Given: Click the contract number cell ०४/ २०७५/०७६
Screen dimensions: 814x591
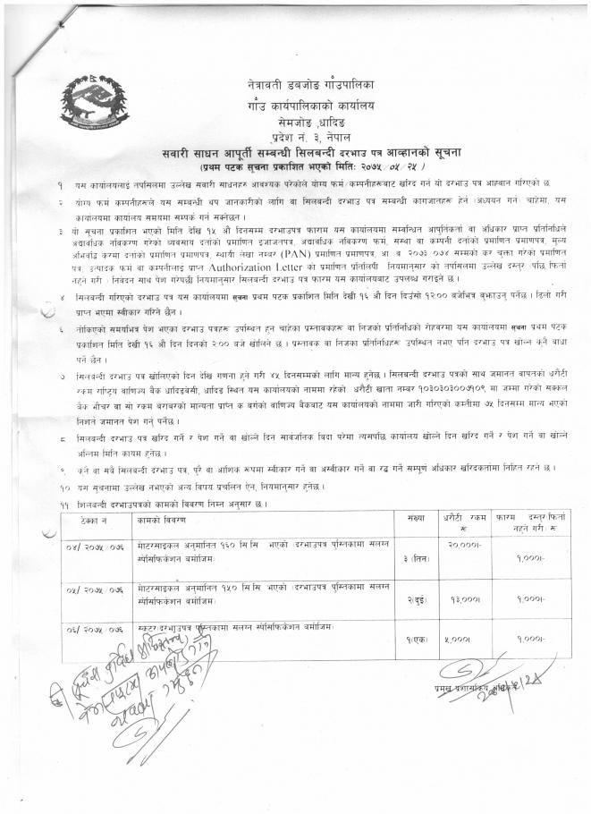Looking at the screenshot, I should [x=92, y=545].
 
